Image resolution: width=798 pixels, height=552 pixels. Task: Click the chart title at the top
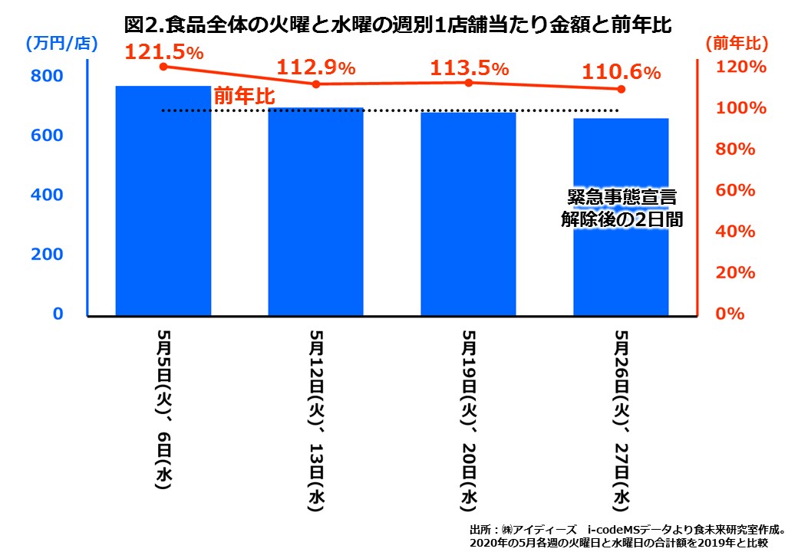click(x=398, y=25)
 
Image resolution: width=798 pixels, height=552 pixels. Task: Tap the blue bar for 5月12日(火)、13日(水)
click(x=315, y=215)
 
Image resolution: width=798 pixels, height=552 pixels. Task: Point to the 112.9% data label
click(x=315, y=67)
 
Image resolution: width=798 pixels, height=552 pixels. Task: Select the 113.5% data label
click(x=469, y=67)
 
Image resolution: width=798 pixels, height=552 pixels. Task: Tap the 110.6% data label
click(x=621, y=73)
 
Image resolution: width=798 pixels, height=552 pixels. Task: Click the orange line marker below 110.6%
click(x=621, y=90)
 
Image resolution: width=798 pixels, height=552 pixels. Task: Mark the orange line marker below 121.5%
click(x=163, y=67)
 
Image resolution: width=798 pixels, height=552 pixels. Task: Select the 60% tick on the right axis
click(x=741, y=190)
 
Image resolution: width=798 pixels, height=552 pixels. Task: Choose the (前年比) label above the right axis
click(x=736, y=44)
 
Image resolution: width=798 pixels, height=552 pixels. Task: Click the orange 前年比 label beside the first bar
click(x=244, y=97)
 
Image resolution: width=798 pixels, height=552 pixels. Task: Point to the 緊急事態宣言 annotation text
click(x=622, y=198)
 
